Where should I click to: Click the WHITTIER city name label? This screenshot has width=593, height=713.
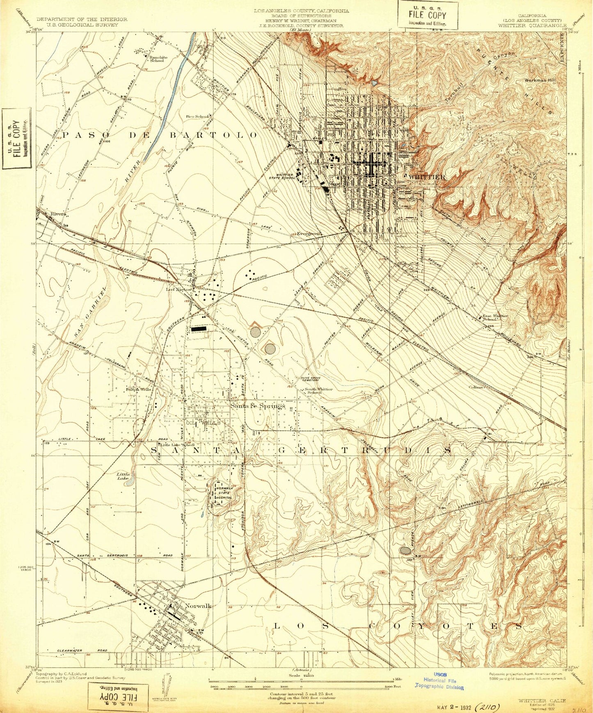click(x=427, y=177)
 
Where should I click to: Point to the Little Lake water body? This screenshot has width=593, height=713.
click(x=129, y=483)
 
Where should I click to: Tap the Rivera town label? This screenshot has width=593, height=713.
click(x=58, y=214)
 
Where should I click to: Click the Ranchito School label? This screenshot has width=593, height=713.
click(x=157, y=59)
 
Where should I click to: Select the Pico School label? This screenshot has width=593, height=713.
click(x=197, y=116)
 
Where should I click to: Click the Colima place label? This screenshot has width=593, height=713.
click(x=477, y=387)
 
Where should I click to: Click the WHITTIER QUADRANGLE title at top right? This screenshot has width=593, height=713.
click(x=531, y=25)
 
